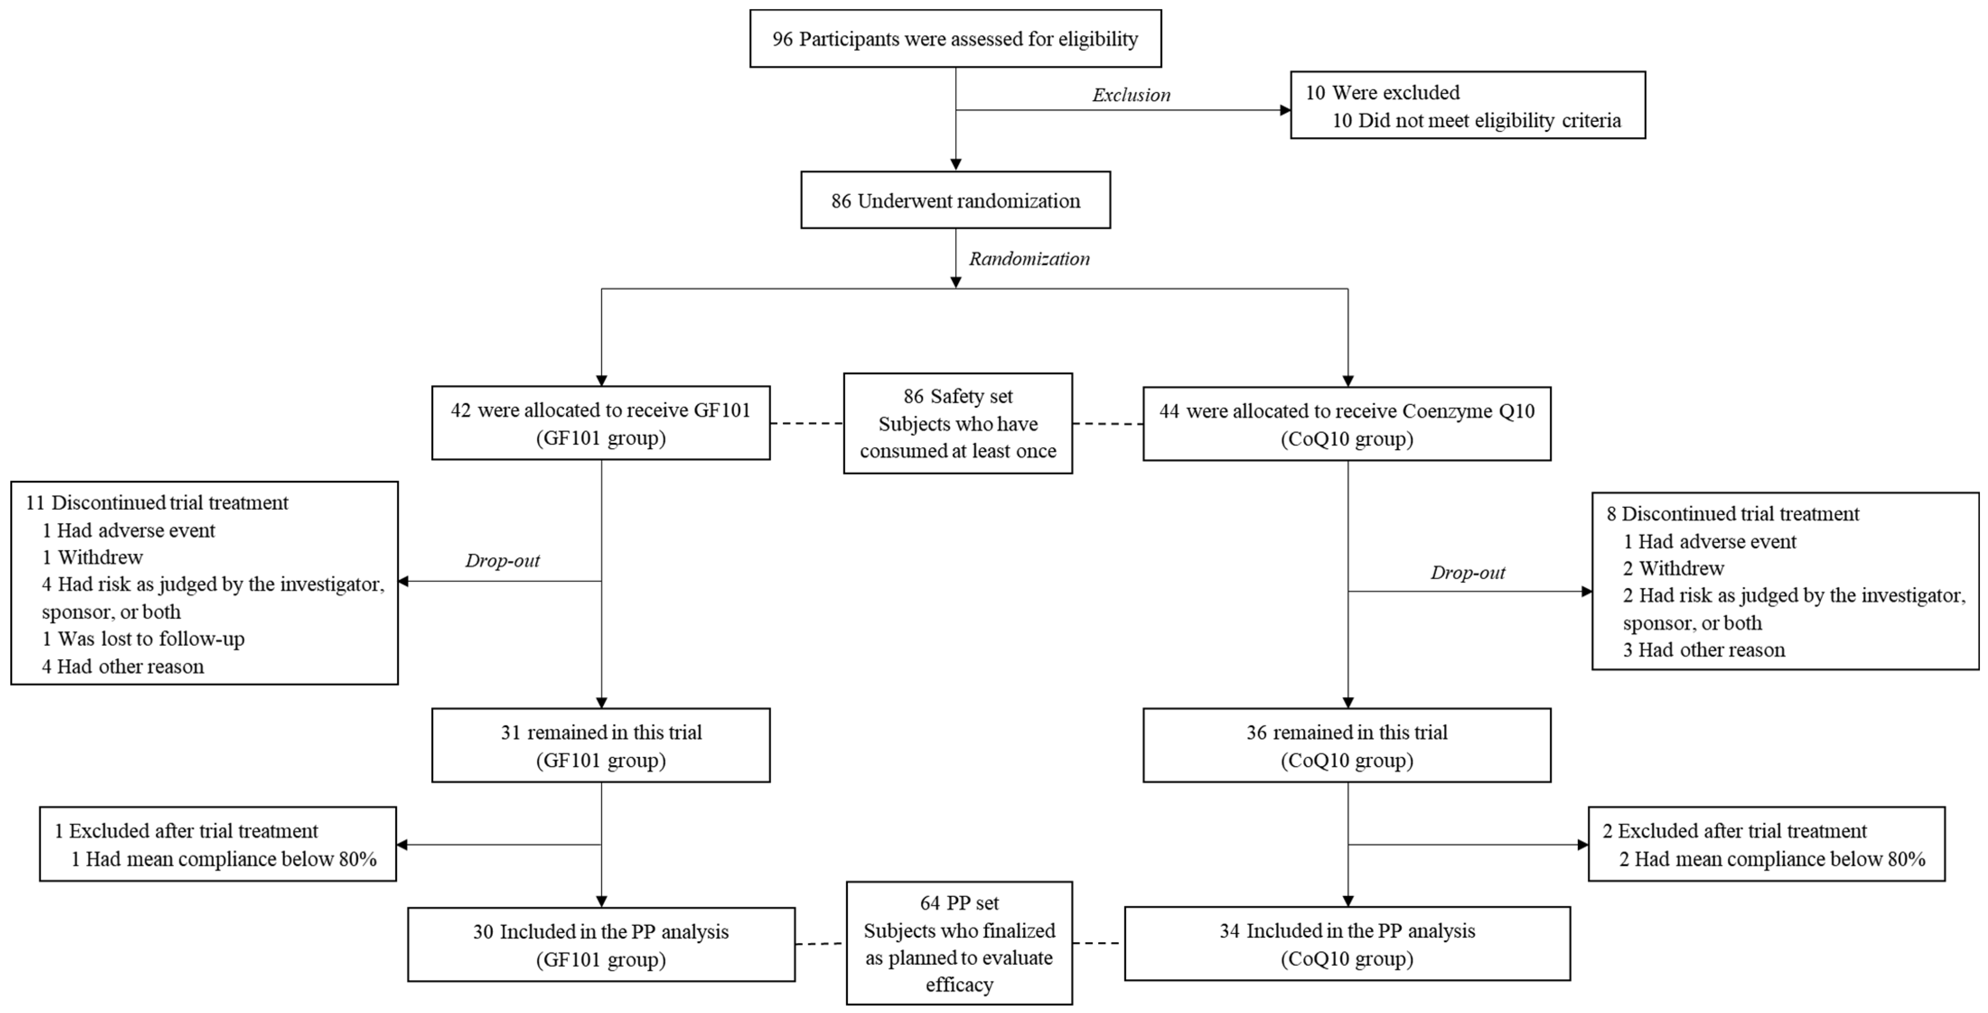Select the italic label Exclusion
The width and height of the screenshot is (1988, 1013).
point(1131,95)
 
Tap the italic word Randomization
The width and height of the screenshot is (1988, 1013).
point(1029,259)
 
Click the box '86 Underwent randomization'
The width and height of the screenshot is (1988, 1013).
point(955,200)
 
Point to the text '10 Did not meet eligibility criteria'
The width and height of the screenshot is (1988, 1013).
point(1476,121)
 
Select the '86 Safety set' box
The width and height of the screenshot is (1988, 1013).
point(958,423)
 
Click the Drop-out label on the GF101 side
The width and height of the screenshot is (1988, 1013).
point(502,561)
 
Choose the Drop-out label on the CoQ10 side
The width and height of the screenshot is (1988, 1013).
point(1467,572)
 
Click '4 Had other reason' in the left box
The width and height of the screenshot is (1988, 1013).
point(123,667)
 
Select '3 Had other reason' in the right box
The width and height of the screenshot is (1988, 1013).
point(1703,650)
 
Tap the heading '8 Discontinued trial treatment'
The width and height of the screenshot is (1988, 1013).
point(1732,514)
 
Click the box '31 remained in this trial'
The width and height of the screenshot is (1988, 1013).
point(600,745)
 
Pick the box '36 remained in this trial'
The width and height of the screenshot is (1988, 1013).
point(1347,745)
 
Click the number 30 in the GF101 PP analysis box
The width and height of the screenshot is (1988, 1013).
point(483,932)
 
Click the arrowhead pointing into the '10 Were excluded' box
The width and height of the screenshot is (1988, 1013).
point(1285,110)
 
